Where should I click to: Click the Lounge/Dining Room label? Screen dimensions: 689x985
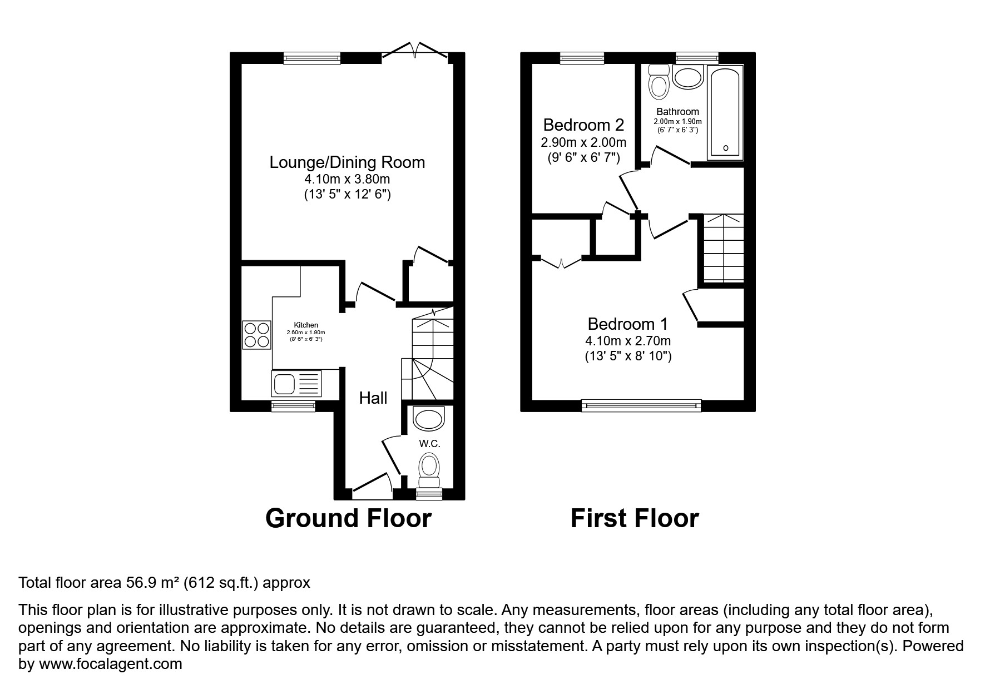coord(347,162)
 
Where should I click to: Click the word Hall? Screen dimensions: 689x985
coord(373,398)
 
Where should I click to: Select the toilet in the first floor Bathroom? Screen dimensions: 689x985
coord(660,82)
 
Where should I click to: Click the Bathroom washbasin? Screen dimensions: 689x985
coord(688,77)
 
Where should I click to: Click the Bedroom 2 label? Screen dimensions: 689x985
coord(583,125)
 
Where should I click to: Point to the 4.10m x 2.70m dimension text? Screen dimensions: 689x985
coord(628,341)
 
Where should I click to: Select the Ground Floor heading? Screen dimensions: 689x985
coord(348,518)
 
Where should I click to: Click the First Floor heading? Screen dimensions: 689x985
coord(634,518)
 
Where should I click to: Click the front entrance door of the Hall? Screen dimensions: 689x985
coord(370,485)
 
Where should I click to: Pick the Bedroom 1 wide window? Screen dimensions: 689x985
coord(641,406)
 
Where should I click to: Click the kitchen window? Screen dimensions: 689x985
coord(293,407)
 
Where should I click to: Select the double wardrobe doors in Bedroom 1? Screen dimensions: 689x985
coord(562,262)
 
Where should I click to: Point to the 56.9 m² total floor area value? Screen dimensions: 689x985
coord(143,583)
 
